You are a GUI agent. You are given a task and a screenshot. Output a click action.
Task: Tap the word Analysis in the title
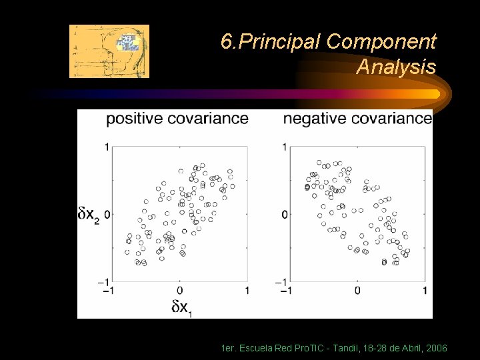[x=396, y=67]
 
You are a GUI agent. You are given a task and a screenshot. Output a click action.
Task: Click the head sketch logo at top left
[x=109, y=51]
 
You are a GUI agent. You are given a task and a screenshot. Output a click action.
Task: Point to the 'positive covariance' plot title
[x=177, y=119]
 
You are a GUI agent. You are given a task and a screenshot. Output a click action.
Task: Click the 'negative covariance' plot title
[x=357, y=119]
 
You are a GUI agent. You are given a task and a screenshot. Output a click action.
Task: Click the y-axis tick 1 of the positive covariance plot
[x=107, y=147]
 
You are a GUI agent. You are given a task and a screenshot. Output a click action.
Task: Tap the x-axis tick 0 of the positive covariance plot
[x=179, y=291]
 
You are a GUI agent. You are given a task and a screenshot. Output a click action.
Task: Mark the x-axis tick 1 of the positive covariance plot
[x=247, y=291]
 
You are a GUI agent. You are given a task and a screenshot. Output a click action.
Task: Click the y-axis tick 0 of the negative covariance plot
[x=284, y=214]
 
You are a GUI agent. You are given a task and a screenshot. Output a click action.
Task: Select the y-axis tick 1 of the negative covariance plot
[x=284, y=147]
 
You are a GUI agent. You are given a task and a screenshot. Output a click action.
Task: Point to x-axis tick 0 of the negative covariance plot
[x=357, y=291]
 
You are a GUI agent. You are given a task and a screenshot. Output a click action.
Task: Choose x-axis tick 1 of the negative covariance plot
[x=425, y=291]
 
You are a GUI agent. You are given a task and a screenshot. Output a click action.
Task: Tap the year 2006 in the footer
[x=435, y=349]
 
